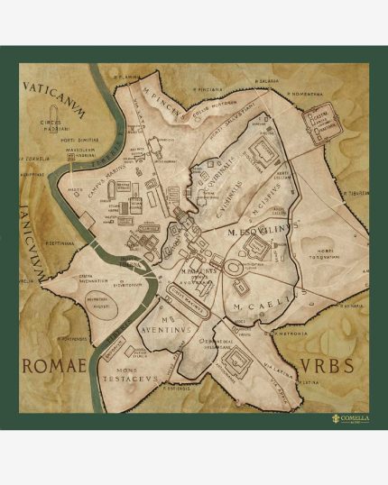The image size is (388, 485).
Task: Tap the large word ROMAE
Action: [53, 366]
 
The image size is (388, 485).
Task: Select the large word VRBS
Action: [322, 367]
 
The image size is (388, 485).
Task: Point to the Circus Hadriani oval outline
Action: [57, 131]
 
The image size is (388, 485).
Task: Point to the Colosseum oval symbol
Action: [234, 271]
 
